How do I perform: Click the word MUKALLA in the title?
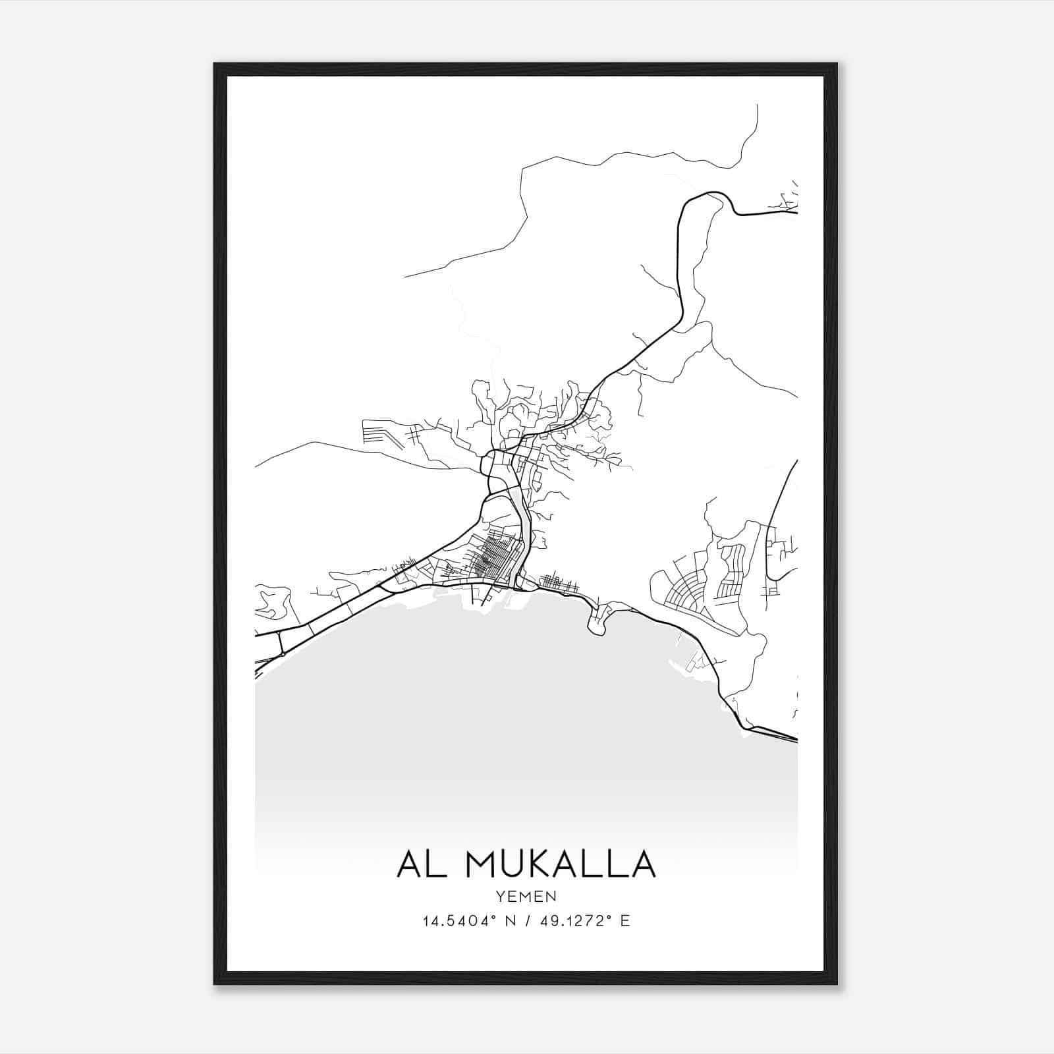click(x=561, y=864)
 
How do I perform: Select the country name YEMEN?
click(x=527, y=897)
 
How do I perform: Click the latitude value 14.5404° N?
click(x=466, y=921)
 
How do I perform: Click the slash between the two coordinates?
click(x=527, y=921)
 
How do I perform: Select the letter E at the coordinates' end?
click(x=625, y=921)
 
